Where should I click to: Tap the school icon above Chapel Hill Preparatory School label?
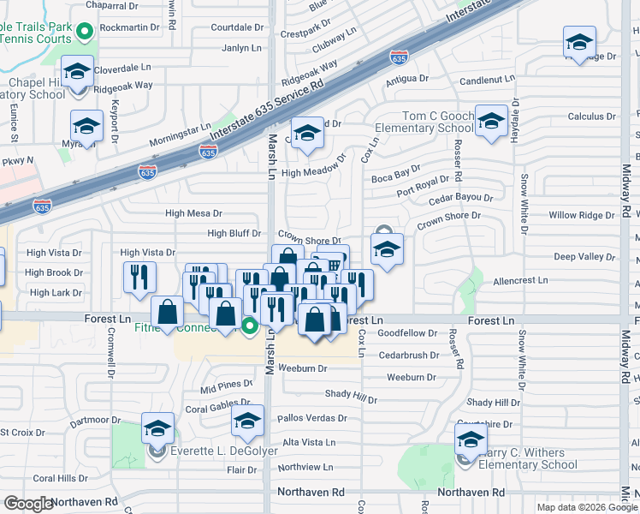tap(77, 73)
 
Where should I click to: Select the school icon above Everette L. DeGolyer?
tap(157, 427)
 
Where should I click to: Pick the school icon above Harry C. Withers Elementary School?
tap(471, 439)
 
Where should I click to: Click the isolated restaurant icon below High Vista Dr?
tap(139, 276)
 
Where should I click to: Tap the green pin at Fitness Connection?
tap(249, 326)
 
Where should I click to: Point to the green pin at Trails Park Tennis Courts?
tap(84, 33)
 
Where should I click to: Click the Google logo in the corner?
tap(28, 504)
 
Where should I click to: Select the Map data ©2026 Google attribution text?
tap(588, 507)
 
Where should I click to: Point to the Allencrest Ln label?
tap(520, 281)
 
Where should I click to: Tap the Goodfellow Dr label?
tap(407, 333)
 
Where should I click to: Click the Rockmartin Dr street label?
tap(130, 27)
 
